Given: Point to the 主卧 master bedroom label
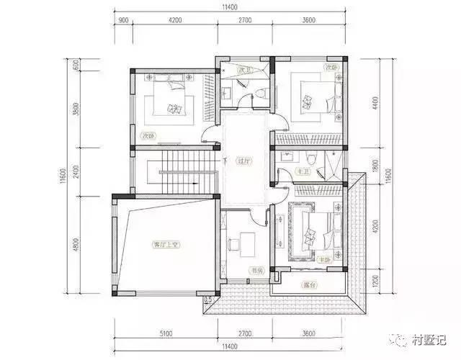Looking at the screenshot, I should tap(328, 258).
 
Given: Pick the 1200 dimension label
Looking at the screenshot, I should tap(374, 279).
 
